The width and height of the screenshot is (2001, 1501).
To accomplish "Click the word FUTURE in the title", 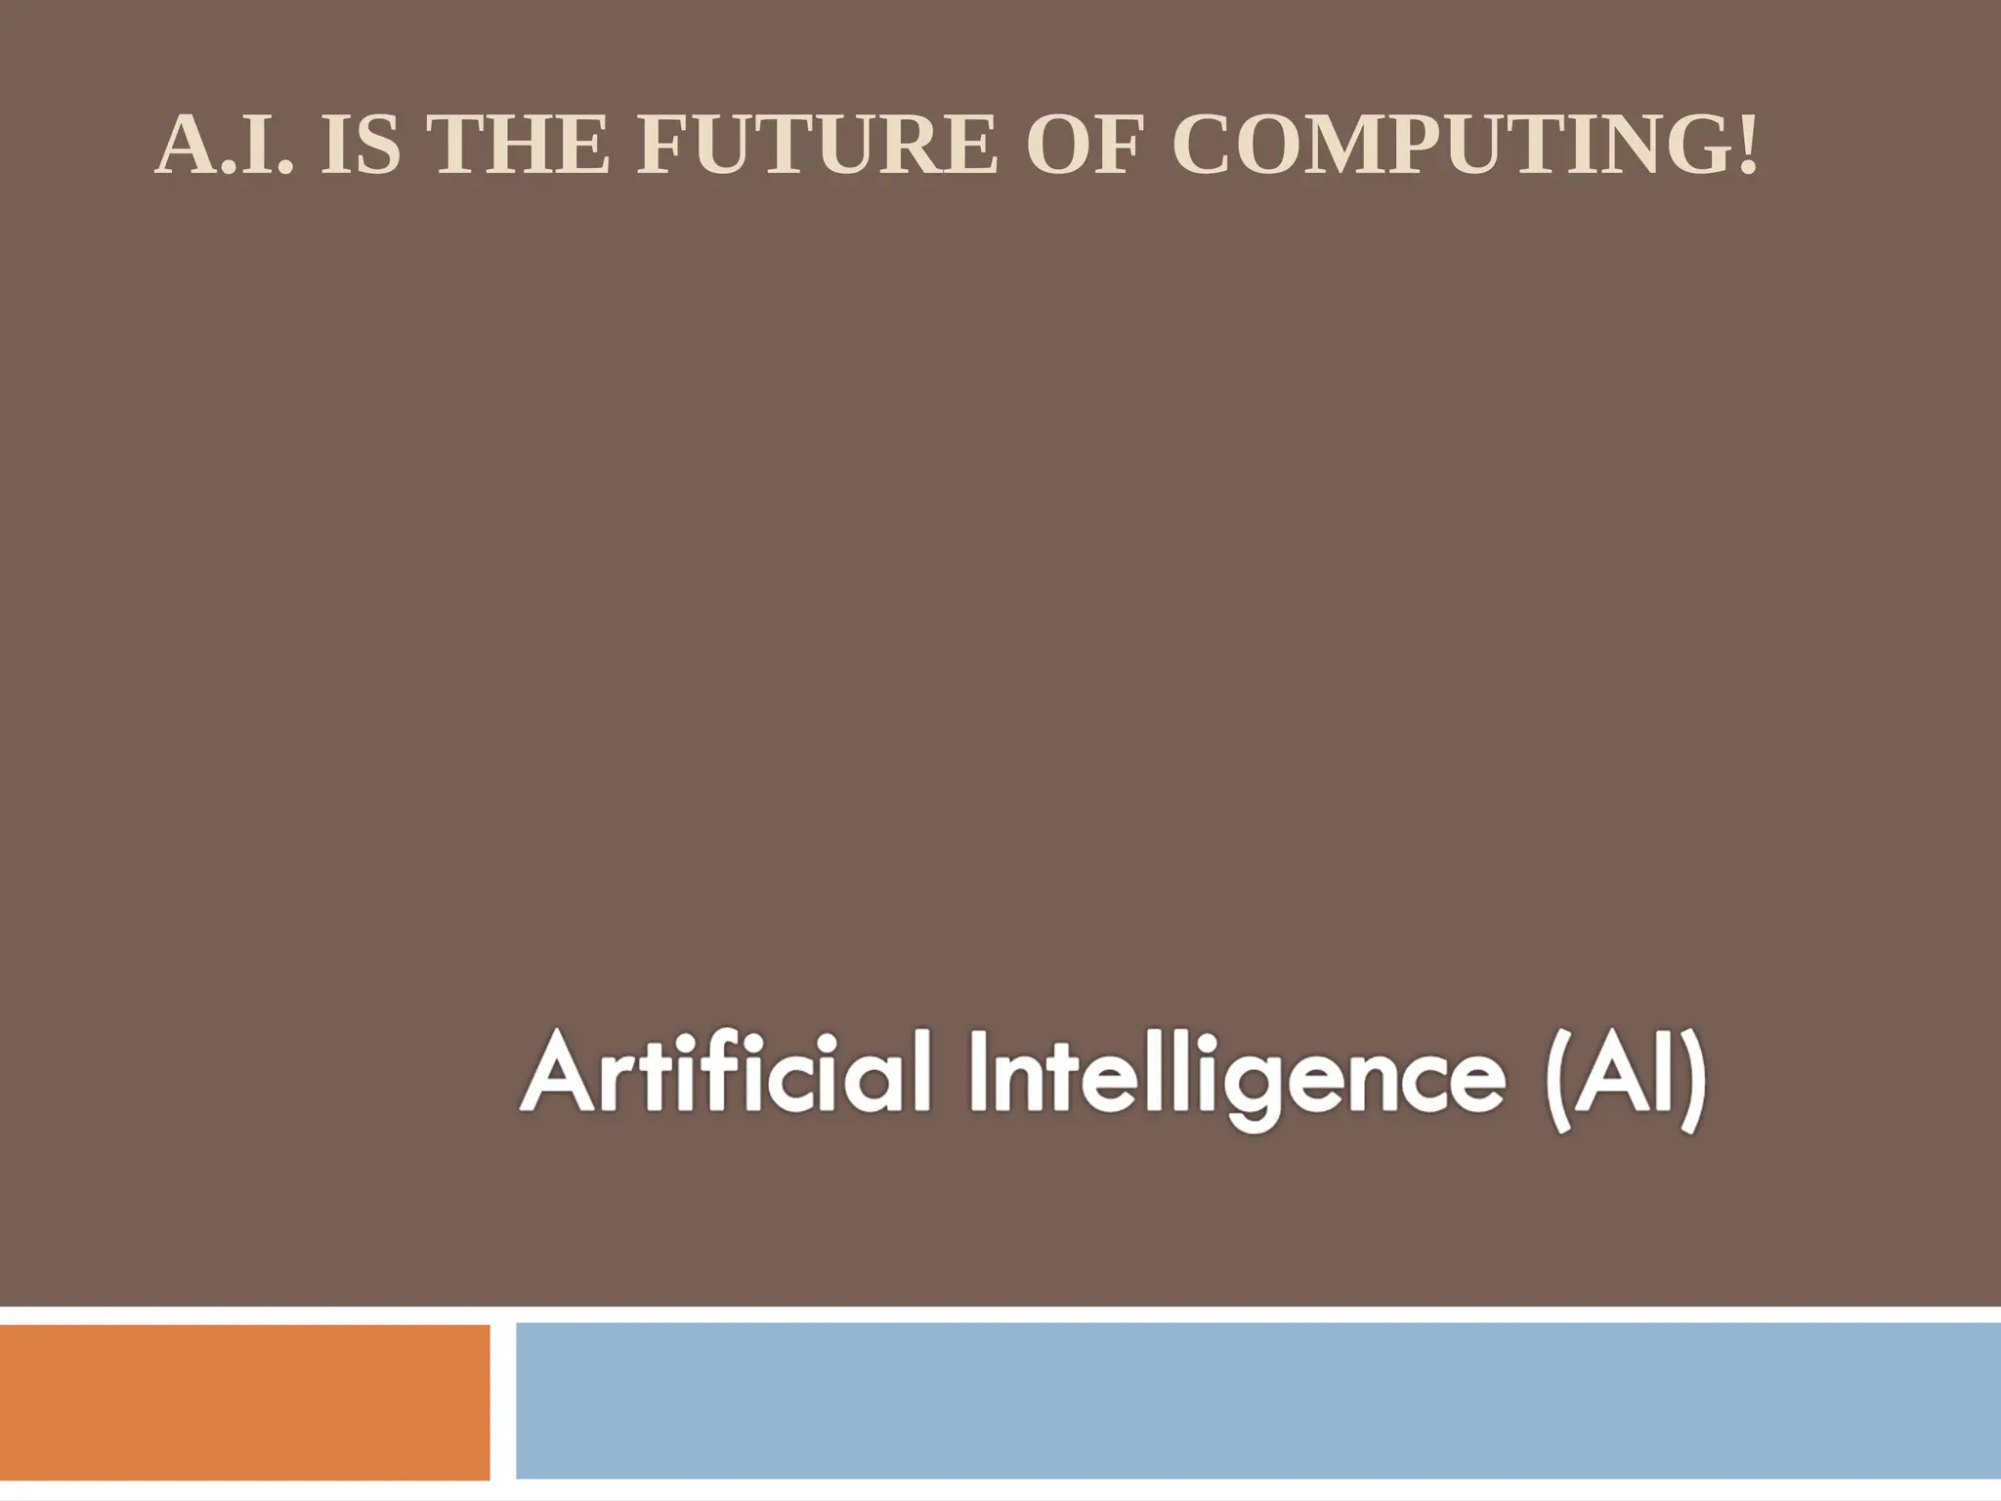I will click(x=817, y=147).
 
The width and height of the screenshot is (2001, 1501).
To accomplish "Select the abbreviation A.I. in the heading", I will click(x=225, y=147).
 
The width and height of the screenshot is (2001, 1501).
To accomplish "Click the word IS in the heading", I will click(x=361, y=147).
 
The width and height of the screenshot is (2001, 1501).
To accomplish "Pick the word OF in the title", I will click(x=1083, y=147).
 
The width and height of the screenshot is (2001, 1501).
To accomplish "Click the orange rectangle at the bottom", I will click(x=244, y=1401).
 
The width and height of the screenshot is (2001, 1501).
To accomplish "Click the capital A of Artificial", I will click(x=558, y=1075).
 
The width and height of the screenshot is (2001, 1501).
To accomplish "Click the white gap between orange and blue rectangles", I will click(x=502, y=1401).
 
